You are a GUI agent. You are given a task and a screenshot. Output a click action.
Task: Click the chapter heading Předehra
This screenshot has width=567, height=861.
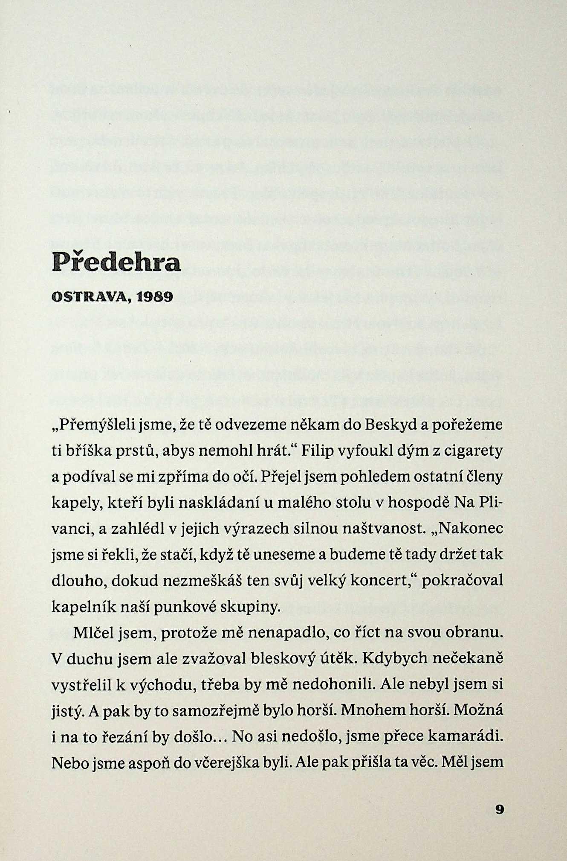pyautogui.click(x=116, y=262)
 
